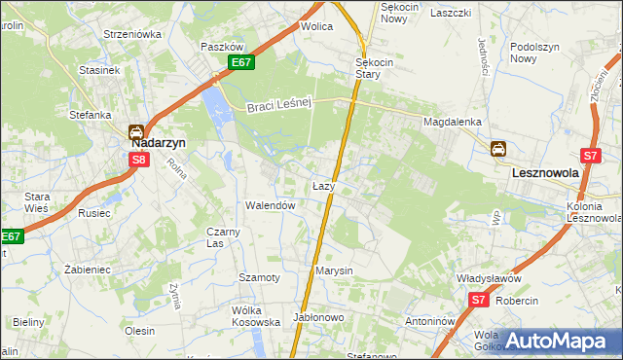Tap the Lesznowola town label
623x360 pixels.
[545, 172]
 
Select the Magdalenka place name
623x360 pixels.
[452, 122]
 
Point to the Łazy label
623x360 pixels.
[324, 185]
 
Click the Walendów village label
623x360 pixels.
[270, 206]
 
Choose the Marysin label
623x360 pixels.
[334, 270]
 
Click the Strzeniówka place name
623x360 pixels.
[132, 34]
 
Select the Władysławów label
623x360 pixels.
[492, 278]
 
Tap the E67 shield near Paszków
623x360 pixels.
[243, 62]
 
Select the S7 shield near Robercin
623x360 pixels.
[478, 301]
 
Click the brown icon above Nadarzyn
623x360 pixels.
[137, 131]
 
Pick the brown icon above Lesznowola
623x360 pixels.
[497, 149]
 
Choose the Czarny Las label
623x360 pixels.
[223, 237]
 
